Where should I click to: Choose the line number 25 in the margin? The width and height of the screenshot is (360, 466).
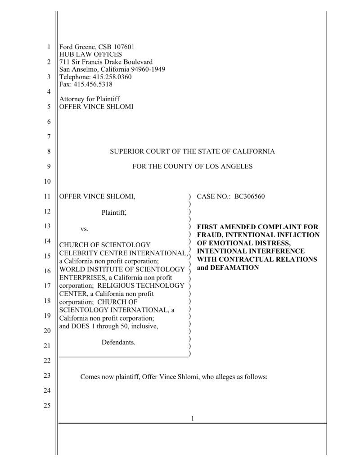[x=47, y=405]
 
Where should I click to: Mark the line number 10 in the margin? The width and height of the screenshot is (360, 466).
[x=47, y=181]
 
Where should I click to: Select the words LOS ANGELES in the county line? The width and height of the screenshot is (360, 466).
[x=230, y=166]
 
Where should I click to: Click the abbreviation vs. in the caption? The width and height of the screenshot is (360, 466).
[x=84, y=229]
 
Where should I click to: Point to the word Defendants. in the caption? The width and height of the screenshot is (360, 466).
[x=118, y=343]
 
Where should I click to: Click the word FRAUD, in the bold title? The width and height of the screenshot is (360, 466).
[x=209, y=235]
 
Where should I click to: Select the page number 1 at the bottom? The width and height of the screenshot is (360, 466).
[x=193, y=418]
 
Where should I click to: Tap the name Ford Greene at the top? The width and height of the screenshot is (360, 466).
[x=77, y=47]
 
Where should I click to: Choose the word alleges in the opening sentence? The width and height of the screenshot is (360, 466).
[x=226, y=377]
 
